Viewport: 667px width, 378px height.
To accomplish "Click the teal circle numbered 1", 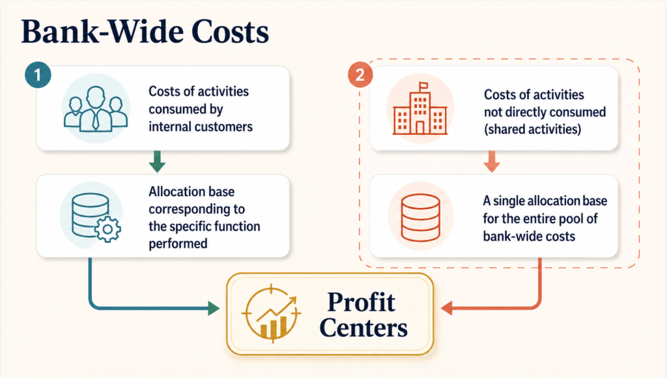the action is pyautogui.click(x=38, y=76).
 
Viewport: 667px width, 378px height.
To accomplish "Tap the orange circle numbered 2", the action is pyautogui.click(x=360, y=75).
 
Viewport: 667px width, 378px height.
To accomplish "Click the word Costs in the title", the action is pyautogui.click(x=230, y=32).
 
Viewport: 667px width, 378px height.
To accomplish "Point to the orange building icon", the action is pyautogui.click(x=420, y=109).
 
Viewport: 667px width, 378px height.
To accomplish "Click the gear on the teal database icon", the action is pyautogui.click(x=107, y=229).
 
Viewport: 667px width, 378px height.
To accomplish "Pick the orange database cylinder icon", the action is pyautogui.click(x=420, y=218).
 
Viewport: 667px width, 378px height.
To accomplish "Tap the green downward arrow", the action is pyautogui.click(x=157, y=162).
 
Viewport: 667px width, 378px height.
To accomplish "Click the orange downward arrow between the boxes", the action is pyautogui.click(x=492, y=162).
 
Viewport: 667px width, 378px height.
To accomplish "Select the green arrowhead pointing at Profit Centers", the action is pyautogui.click(x=214, y=308).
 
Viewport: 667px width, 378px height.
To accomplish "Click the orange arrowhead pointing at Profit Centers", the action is pyautogui.click(x=447, y=308).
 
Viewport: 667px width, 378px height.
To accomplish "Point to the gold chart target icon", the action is pyautogui.click(x=272, y=313).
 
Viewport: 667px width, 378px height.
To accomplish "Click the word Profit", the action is pyautogui.click(x=361, y=302).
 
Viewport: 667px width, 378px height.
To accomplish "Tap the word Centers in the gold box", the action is pyautogui.click(x=363, y=328).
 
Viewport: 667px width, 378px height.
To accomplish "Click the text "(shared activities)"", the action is pyautogui.click(x=533, y=130).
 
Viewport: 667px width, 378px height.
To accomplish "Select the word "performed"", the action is pyautogui.click(x=178, y=244).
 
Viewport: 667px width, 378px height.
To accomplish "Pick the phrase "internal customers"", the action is pyautogui.click(x=201, y=127).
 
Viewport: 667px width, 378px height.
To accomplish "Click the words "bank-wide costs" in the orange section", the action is pyautogui.click(x=529, y=236).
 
